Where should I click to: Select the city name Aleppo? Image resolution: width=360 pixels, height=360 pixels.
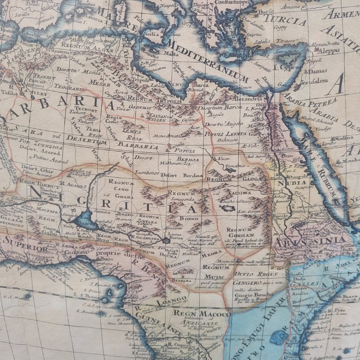[330, 50]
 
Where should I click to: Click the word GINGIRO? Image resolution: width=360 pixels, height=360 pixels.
[243, 282]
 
